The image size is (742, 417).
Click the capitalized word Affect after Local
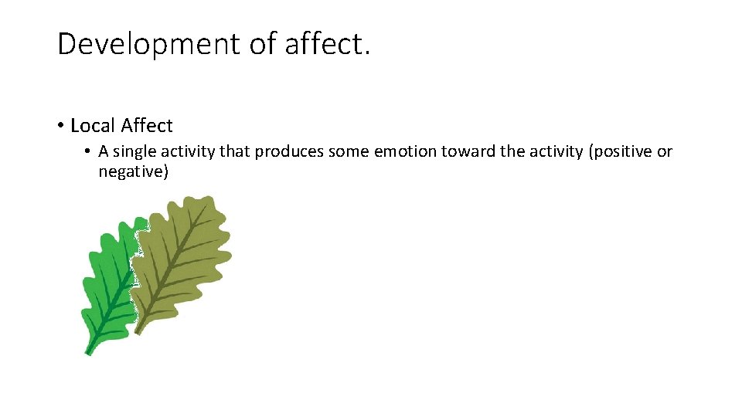(x=147, y=126)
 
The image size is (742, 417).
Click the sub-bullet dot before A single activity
(x=90, y=151)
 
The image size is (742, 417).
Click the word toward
(x=468, y=151)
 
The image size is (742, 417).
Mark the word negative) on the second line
(x=133, y=171)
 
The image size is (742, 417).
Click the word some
(x=349, y=151)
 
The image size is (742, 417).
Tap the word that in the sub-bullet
(x=235, y=151)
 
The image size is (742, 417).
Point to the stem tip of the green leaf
(x=88, y=352)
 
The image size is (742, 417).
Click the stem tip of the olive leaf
(x=138, y=331)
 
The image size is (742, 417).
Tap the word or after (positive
(x=665, y=151)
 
